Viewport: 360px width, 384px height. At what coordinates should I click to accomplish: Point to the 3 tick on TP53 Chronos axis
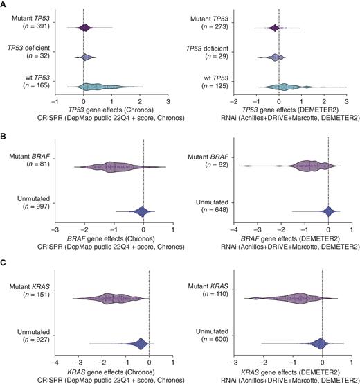tap(168, 101)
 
